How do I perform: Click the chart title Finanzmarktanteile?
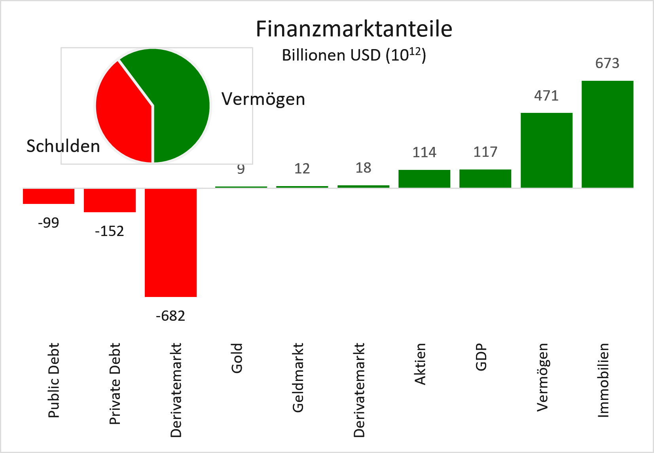coord(354,29)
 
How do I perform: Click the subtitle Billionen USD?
coord(353,55)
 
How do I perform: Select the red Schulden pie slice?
coord(123,115)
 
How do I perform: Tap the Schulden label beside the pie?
coord(63,147)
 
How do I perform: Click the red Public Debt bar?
coord(49,196)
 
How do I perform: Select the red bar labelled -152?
coord(110,200)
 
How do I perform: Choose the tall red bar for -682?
coord(171,242)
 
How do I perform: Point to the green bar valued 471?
coord(546,150)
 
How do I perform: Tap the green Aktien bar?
coord(424,179)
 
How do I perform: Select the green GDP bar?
coord(485,179)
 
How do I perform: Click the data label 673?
coord(607,63)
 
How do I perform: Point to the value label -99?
coord(49,223)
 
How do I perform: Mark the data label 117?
coord(485,152)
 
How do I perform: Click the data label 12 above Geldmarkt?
coord(302,169)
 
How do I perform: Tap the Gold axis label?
coord(237,358)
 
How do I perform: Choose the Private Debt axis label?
coord(115,384)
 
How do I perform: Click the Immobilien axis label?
coord(603,380)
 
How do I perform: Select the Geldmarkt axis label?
coord(298,378)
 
